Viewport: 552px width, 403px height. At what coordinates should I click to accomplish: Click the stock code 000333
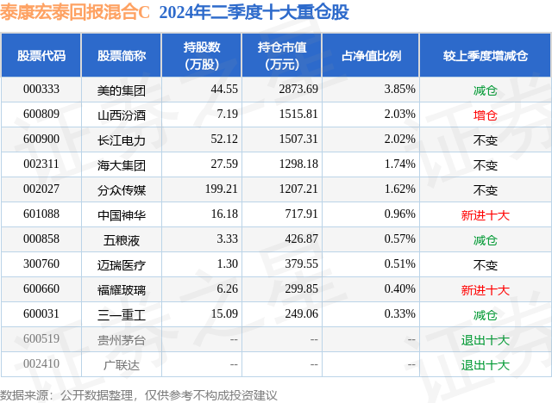click(41, 90)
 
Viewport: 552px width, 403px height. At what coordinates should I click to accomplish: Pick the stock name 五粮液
click(122, 239)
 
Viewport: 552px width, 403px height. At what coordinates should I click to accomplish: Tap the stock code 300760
click(41, 264)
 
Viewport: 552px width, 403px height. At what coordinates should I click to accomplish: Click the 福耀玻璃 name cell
click(122, 290)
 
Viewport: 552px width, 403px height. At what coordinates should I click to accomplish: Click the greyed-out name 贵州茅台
click(122, 339)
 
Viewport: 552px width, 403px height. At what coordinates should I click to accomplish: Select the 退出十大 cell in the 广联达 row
click(485, 364)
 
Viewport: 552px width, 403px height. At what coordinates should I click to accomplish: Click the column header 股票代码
click(41, 55)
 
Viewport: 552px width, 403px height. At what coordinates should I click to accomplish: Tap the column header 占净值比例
click(377, 55)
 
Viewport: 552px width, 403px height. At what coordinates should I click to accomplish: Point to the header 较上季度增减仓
click(485, 55)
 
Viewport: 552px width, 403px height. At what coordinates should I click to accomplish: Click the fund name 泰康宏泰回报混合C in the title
click(75, 13)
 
